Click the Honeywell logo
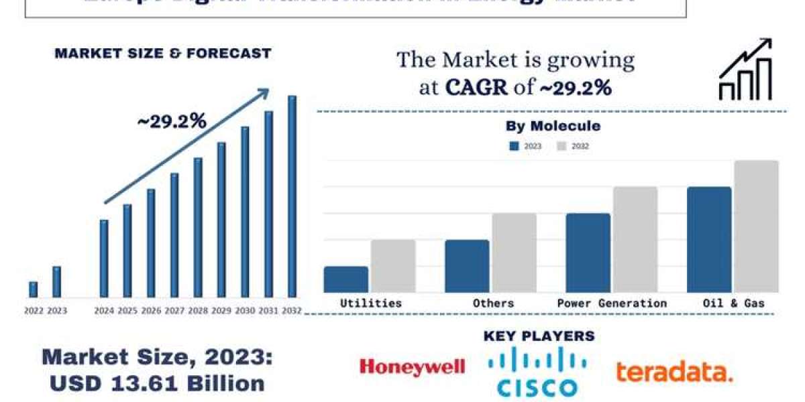[x=412, y=366]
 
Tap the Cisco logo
[x=537, y=373]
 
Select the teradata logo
[x=674, y=372]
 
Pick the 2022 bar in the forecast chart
[x=34, y=289]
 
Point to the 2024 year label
[x=104, y=311]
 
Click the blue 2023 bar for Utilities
[x=346, y=279]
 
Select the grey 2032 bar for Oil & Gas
[x=756, y=226]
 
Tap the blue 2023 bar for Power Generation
[x=588, y=253]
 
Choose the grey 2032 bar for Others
[x=514, y=253]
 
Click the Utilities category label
[x=371, y=303]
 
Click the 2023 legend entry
[x=526, y=145]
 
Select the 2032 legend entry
[x=574, y=145]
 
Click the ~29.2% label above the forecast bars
[x=172, y=121]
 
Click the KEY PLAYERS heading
[x=539, y=336]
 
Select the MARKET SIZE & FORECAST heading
[x=163, y=54]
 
